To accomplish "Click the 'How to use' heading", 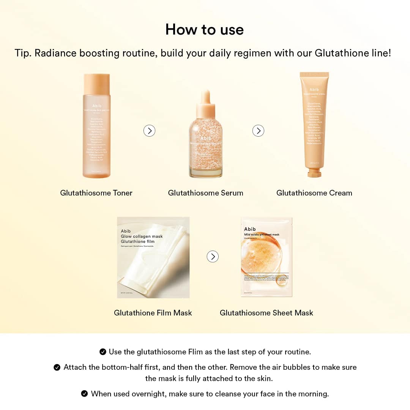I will point(204,30).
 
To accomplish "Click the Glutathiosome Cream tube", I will point(314,121).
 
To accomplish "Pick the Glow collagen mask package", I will point(153,257).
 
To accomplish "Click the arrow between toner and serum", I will point(149,131).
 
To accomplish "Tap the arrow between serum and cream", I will point(258,131).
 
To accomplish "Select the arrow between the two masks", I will point(213,257).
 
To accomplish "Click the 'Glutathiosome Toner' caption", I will point(96,193).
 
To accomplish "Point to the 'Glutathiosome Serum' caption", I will point(205,193).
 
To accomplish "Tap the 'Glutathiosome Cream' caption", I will point(314,193).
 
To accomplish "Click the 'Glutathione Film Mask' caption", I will point(153,313).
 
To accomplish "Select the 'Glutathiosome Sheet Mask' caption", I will point(266,313).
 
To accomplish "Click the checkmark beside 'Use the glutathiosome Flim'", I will point(102,352).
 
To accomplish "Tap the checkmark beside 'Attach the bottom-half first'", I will point(57,367).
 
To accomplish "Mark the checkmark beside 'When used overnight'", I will point(85,394).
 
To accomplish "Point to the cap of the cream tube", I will point(314,173).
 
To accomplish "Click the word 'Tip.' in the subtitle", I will point(23,53).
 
